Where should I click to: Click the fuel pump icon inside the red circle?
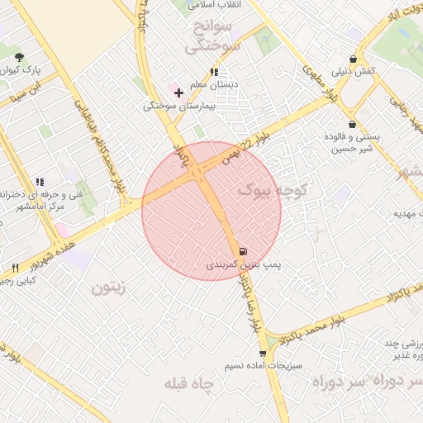point(242,251)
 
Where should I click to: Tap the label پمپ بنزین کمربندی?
point(245,265)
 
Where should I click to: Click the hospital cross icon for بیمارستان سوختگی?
point(178,93)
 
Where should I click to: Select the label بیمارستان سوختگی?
point(179,106)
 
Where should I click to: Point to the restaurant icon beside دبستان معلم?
point(215,72)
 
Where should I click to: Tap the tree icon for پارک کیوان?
point(19,56)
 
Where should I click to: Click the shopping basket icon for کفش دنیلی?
point(354,59)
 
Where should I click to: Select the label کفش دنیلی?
point(354,72)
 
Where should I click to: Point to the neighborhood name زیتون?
point(107,288)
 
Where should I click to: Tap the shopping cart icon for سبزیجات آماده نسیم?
point(263,353)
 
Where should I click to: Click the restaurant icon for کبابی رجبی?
point(15,268)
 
